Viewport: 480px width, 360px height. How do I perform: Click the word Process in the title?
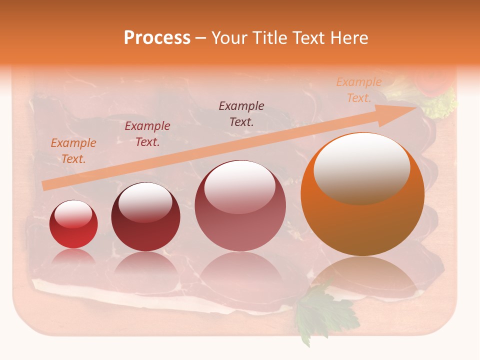click(157, 38)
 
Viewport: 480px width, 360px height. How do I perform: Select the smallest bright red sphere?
click(73, 224)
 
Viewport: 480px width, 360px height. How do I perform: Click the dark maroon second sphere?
click(145, 217)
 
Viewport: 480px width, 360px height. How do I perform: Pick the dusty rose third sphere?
click(240, 205)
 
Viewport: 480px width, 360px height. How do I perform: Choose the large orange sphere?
click(362, 195)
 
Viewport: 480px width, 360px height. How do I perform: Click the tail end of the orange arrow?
click(45, 185)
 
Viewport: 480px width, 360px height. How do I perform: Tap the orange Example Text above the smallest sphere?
click(73, 151)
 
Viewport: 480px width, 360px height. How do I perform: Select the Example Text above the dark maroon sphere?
click(147, 134)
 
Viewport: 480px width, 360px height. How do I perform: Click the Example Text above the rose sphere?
click(241, 113)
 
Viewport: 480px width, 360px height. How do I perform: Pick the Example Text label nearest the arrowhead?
click(359, 90)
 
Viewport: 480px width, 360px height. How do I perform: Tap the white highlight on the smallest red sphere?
click(73, 215)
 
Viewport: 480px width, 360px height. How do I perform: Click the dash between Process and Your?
click(201, 38)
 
